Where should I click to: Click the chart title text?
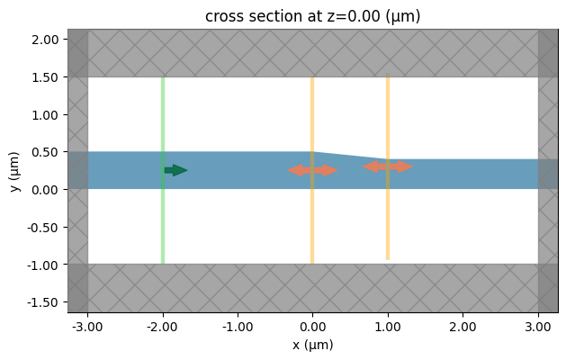(x=312, y=16)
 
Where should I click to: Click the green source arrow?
(x=175, y=170)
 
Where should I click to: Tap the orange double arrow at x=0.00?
(x=312, y=170)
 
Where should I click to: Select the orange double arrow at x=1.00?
(x=388, y=166)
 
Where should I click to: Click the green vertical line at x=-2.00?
(x=163, y=216)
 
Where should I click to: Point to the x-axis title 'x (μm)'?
(x=312, y=344)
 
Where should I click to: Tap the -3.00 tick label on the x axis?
(x=87, y=325)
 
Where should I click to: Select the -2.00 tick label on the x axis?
(x=163, y=325)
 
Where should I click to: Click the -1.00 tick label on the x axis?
(x=238, y=325)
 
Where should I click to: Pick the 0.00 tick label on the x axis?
(x=312, y=325)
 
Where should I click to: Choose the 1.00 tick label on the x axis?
(x=388, y=325)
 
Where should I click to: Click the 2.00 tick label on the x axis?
(x=463, y=325)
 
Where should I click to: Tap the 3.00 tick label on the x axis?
(x=538, y=325)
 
